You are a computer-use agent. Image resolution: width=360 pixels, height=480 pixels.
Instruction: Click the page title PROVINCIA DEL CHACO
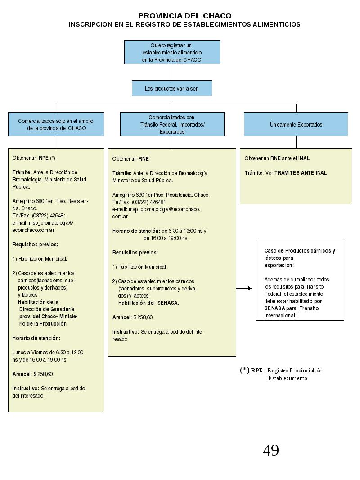(x=185, y=16)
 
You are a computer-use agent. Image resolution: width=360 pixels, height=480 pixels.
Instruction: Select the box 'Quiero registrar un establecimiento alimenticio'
(x=172, y=52)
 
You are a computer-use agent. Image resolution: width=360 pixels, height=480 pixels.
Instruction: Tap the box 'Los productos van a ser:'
(x=172, y=88)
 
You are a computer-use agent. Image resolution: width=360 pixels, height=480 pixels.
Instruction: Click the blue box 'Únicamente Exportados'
(x=296, y=124)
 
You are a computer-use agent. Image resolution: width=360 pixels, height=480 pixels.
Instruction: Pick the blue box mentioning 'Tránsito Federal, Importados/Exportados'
(x=172, y=124)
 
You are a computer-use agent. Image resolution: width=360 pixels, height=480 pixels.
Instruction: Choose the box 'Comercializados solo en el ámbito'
(x=56, y=124)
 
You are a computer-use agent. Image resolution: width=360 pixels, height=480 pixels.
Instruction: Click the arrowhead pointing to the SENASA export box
(x=250, y=288)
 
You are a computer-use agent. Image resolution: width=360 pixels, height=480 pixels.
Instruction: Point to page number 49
(x=271, y=451)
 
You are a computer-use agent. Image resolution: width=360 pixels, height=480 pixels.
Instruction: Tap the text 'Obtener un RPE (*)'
(x=34, y=158)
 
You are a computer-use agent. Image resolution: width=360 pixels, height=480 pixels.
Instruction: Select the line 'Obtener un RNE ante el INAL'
(x=277, y=158)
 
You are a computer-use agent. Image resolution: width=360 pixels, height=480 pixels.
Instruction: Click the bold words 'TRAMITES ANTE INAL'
(x=301, y=173)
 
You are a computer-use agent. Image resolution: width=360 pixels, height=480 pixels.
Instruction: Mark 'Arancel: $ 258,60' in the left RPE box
(x=32, y=374)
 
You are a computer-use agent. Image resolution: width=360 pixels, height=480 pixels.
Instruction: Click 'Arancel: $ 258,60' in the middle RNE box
(x=132, y=317)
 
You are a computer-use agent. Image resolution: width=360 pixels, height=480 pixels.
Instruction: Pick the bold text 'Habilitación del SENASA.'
(x=148, y=303)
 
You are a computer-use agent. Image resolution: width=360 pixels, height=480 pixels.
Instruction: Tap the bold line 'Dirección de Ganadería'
(x=47, y=309)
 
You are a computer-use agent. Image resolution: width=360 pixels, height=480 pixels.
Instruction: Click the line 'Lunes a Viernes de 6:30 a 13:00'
(x=48, y=353)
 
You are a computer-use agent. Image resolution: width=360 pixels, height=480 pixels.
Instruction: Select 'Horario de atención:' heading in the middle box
(x=136, y=231)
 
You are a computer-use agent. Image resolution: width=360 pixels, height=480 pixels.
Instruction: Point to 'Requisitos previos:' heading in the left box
(x=35, y=245)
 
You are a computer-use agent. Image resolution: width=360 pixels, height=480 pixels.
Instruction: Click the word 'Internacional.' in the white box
(x=280, y=316)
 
